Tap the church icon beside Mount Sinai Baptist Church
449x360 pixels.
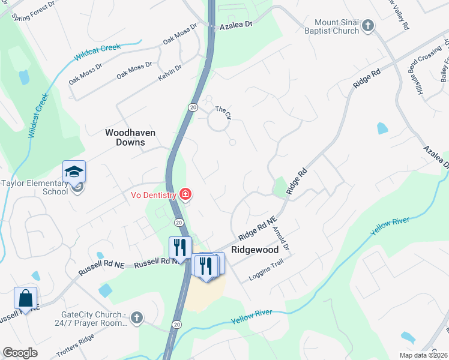(369, 26)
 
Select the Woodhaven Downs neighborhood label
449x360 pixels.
(125, 137)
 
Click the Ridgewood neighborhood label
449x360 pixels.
(253, 248)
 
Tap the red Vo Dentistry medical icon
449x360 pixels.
(185, 194)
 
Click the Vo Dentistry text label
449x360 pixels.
(154, 194)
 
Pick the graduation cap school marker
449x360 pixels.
(74, 173)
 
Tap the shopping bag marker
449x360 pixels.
(26, 298)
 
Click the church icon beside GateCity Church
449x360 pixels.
(136, 317)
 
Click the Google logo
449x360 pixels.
(20, 352)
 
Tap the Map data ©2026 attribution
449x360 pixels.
(423, 355)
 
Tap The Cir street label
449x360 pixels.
(223, 111)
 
